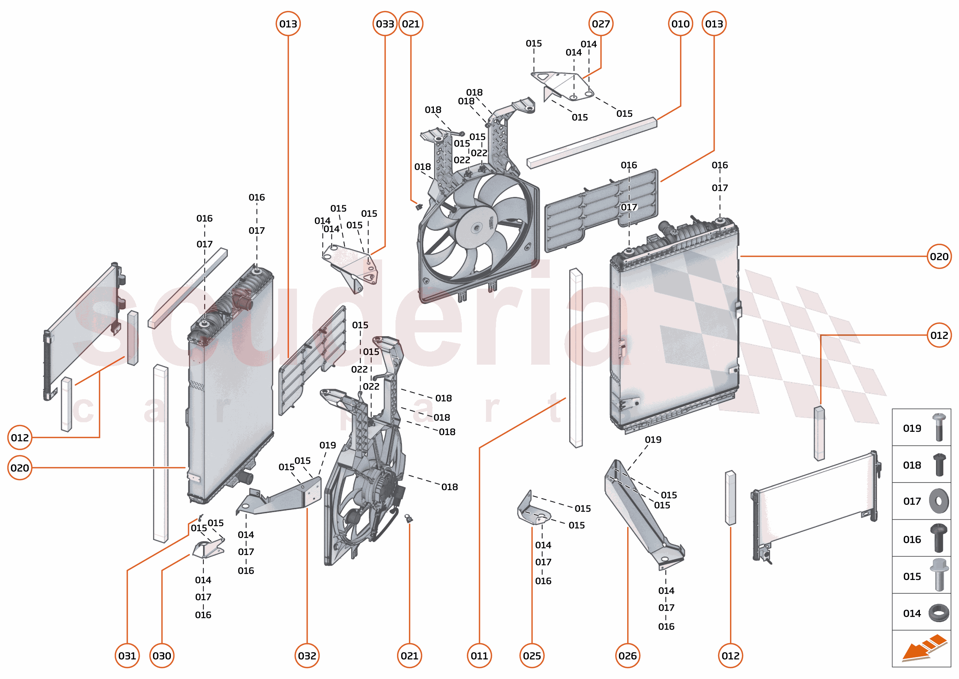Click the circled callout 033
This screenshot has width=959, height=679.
point(384,24)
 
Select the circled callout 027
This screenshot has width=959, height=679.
point(600,24)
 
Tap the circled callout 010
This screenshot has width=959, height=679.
point(680,24)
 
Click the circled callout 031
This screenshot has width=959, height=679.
point(127,656)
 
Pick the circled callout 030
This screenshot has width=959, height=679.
point(162,656)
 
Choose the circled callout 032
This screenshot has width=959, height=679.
point(307,656)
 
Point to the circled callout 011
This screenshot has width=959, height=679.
point(479,656)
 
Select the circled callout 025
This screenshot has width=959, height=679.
point(532,656)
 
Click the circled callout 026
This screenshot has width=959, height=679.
point(628,656)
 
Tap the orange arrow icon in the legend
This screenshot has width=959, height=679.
point(923,648)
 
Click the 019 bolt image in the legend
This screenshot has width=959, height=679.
point(939,427)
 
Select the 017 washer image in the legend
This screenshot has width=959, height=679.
point(939,501)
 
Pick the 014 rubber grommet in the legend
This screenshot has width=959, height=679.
point(939,613)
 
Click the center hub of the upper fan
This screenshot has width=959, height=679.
point(476,228)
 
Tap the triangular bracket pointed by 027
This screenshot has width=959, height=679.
point(564,86)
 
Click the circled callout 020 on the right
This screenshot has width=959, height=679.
point(939,256)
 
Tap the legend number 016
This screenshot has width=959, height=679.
point(912,539)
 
